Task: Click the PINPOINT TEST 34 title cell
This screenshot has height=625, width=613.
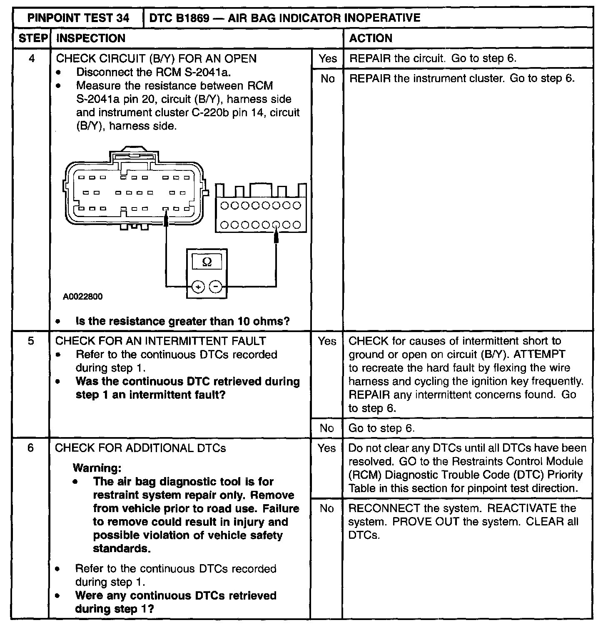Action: point(78,18)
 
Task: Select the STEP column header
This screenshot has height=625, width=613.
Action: point(33,38)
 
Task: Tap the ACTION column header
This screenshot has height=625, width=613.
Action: point(371,38)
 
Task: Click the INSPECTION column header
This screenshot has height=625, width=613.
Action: point(90,38)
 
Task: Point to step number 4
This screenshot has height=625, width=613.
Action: point(32,58)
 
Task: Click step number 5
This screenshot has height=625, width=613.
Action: point(31,341)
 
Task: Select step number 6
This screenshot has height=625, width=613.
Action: point(31,448)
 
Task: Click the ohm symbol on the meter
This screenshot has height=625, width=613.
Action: point(207,262)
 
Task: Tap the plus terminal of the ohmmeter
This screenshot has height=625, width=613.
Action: point(198,287)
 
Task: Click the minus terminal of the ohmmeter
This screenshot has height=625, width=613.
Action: point(215,287)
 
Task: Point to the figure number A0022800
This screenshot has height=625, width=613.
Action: point(83,297)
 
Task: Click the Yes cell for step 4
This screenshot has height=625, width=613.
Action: point(327,58)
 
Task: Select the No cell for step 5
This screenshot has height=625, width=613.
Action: point(326,428)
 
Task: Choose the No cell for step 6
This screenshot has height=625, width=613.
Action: point(326,508)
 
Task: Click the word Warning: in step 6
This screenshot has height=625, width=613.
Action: point(97,468)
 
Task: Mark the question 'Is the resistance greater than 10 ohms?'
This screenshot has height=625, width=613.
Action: point(182,321)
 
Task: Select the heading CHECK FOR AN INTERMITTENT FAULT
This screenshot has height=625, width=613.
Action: point(160,341)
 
